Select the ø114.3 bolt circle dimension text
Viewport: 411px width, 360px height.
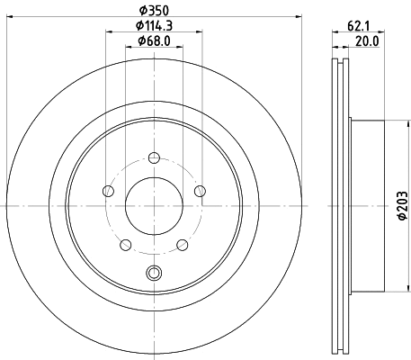click(x=155, y=26)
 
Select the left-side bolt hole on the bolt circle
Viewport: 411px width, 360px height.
click(x=109, y=190)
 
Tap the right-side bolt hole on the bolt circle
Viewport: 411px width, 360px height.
click(x=200, y=190)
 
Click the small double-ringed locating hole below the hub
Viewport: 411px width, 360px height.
click(x=153, y=274)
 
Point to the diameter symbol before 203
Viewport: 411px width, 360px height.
click(x=402, y=218)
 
